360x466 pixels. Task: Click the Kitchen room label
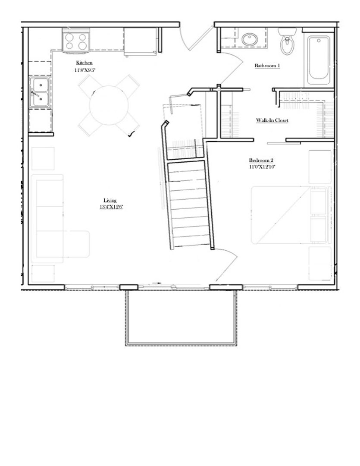point(84,63)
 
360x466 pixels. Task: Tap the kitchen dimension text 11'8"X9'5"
point(85,70)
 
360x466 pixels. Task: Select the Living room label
point(110,200)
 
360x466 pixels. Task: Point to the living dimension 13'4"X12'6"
point(111,207)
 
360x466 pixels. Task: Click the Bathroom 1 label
point(267,66)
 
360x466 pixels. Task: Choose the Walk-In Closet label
point(272,120)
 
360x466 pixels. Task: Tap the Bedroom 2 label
point(261,161)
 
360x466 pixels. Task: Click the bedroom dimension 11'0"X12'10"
point(262,167)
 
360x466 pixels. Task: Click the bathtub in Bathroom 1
point(319,60)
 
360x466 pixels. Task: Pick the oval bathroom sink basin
point(250,40)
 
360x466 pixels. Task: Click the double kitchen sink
point(40,92)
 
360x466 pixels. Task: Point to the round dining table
point(109,105)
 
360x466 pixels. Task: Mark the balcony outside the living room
point(181,318)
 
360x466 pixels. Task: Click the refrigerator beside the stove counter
point(140,41)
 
